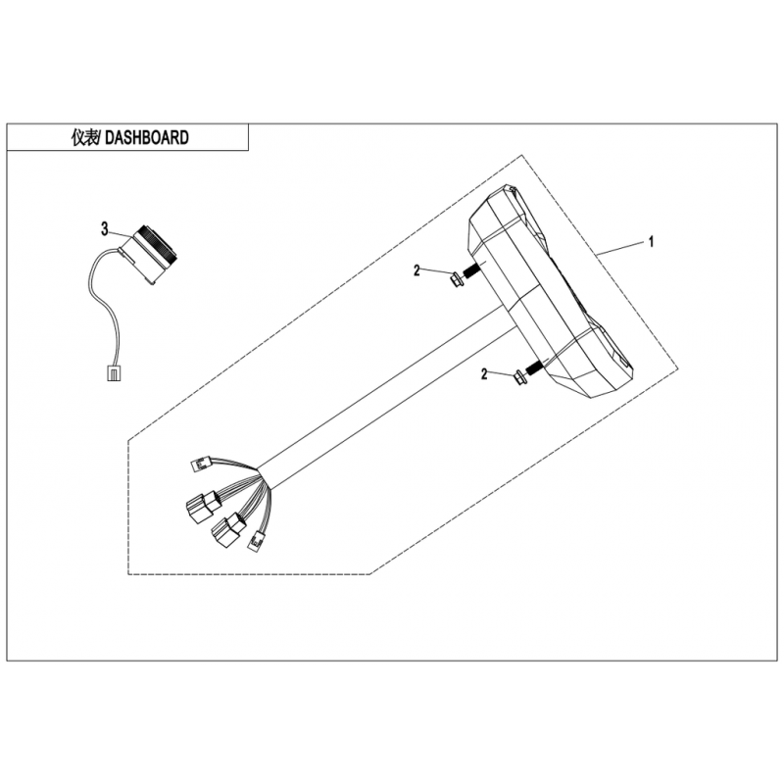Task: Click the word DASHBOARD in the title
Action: (x=147, y=137)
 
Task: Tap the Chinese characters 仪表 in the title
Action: (x=85, y=137)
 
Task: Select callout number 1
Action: (x=651, y=242)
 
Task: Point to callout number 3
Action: (x=105, y=229)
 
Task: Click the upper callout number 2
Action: (x=417, y=271)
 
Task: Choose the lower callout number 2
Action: (x=484, y=374)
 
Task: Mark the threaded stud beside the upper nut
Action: (x=472, y=271)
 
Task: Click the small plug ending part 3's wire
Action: (x=114, y=373)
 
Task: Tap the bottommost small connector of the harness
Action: (x=257, y=541)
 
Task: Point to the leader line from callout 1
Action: (x=620, y=249)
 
